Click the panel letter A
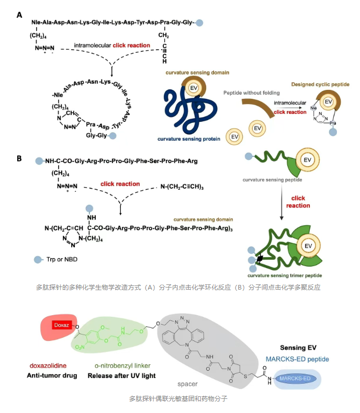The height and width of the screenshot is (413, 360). pos(19,15)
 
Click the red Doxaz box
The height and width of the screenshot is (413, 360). pos(60,325)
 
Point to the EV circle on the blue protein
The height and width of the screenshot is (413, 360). pos(193,88)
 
